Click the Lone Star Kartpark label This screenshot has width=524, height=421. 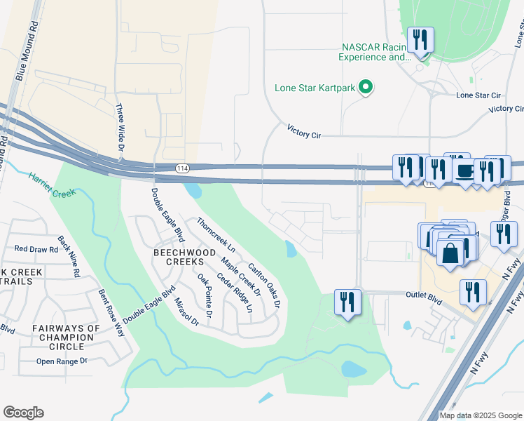[x=314, y=88]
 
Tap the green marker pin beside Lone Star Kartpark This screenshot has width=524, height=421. [x=365, y=88]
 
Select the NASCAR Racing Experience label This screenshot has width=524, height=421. [x=375, y=53]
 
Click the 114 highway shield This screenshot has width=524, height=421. [x=181, y=168]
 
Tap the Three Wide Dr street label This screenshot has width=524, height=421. [x=119, y=128]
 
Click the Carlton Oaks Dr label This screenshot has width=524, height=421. [x=264, y=286]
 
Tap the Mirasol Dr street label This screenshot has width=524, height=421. [x=183, y=309]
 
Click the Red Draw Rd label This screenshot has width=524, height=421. [x=36, y=249]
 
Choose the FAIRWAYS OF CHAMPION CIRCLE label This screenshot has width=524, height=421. [x=66, y=337]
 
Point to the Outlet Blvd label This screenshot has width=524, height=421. [x=425, y=298]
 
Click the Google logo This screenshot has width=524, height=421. [x=23, y=413]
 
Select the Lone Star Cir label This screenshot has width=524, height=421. [x=478, y=95]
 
